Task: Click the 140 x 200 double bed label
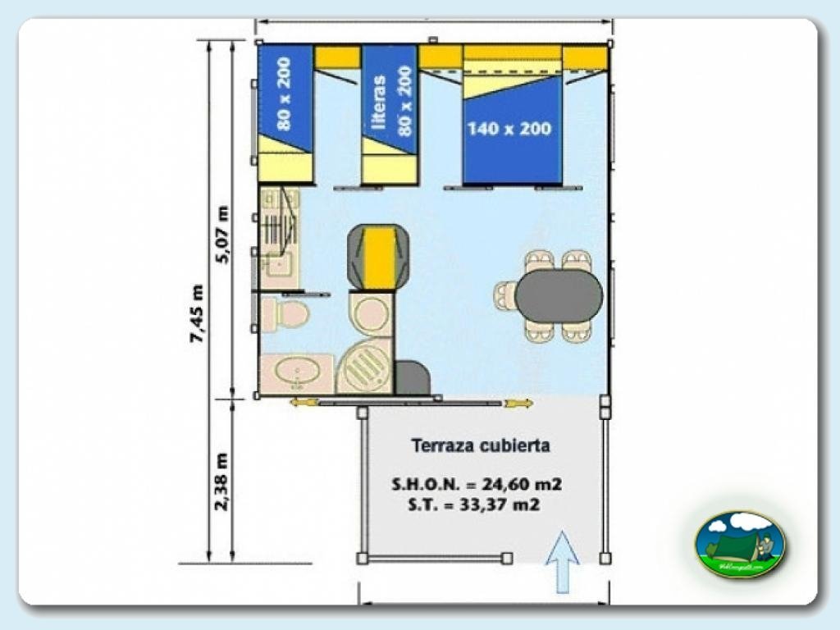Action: (509, 129)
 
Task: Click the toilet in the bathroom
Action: (285, 314)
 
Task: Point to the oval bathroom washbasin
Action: (296, 373)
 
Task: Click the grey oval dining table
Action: (559, 296)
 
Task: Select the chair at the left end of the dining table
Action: (504, 296)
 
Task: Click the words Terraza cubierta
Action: (480, 446)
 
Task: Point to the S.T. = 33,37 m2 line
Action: (473, 505)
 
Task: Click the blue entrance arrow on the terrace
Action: (563, 561)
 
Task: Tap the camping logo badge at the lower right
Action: (739, 544)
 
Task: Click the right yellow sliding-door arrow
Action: (519, 403)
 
